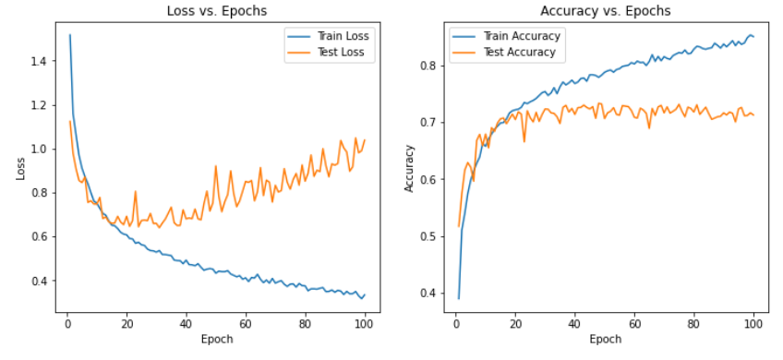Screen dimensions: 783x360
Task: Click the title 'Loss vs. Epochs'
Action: pos(217,11)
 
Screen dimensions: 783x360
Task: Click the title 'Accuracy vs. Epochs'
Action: pos(605,11)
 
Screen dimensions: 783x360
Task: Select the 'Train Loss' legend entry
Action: pos(330,36)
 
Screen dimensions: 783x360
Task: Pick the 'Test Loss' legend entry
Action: pos(330,52)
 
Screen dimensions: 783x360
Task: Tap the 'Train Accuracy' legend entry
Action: pos(507,36)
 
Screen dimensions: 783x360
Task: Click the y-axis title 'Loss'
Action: pos(20,170)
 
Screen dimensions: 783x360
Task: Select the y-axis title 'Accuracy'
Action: pos(409,169)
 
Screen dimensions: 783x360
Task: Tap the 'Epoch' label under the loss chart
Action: pos(217,340)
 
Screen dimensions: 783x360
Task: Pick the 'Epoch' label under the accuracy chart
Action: pos(605,340)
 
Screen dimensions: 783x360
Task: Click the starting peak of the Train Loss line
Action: pos(70,35)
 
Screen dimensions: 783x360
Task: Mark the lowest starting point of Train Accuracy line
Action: pos(458,298)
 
